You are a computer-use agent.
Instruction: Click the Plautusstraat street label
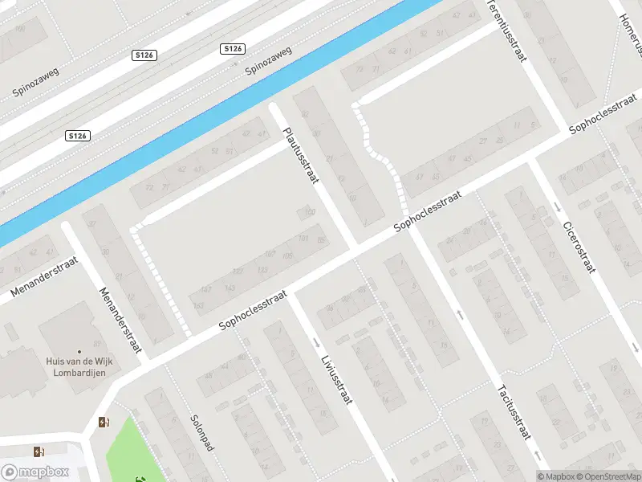click(296, 157)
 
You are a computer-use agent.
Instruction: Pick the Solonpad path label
click(201, 432)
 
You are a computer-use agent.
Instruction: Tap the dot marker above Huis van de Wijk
click(79, 352)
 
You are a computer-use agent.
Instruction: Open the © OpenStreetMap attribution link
click(613, 477)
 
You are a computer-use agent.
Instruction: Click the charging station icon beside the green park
click(103, 423)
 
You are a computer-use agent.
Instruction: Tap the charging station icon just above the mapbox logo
click(38, 451)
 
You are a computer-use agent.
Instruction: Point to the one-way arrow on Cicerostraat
click(557, 209)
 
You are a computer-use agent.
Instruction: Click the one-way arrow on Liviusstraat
click(315, 342)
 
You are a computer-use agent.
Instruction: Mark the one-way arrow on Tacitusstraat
click(460, 313)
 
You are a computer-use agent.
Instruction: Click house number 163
click(206, 288)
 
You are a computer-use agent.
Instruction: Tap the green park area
click(120, 450)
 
